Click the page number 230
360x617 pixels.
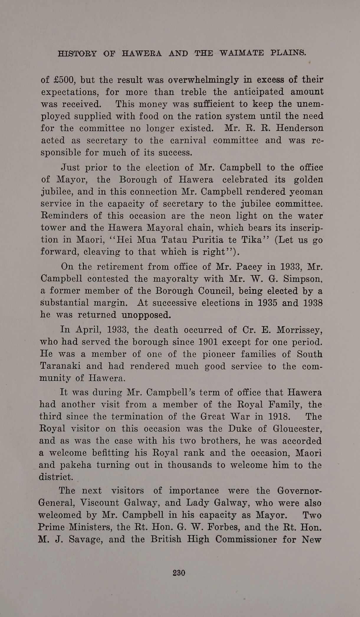(179, 573)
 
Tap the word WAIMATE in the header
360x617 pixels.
(242, 53)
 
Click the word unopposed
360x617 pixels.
(146, 315)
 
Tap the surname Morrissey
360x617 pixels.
(299, 330)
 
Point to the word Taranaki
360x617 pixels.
(60, 366)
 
